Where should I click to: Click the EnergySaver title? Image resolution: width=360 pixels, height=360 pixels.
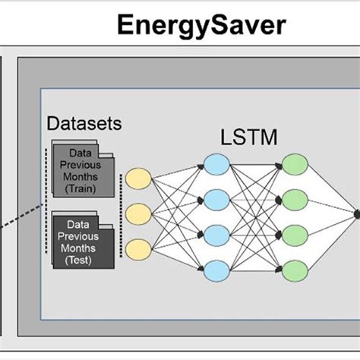pyautogui.click(x=201, y=25)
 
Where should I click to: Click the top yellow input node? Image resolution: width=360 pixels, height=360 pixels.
pyautogui.click(x=138, y=179)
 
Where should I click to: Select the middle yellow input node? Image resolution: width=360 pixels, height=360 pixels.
pyautogui.click(x=138, y=213)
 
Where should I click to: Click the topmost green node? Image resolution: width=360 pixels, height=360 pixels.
pyautogui.click(x=294, y=164)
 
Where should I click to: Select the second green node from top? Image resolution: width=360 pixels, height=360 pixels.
pyautogui.click(x=294, y=199)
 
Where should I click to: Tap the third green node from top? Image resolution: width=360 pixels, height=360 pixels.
pyautogui.click(x=294, y=234)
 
